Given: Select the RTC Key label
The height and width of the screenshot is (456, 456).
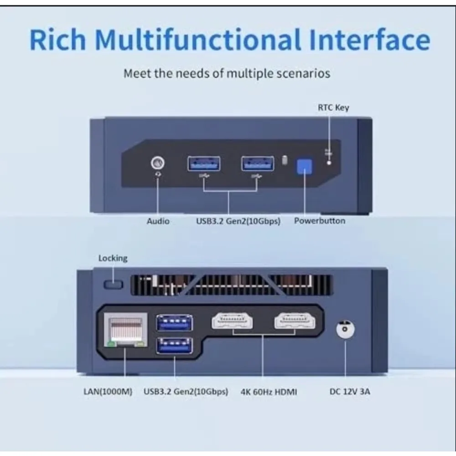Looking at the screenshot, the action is point(333,108).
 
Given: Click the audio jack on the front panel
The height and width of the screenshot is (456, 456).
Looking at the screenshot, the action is point(158,163).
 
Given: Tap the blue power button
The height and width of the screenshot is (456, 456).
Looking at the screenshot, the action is point(304,166).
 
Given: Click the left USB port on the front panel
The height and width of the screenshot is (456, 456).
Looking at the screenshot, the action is point(203,163).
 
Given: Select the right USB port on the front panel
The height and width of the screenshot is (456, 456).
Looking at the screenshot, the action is point(258,163).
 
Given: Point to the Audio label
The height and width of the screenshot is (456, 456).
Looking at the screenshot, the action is point(158,221).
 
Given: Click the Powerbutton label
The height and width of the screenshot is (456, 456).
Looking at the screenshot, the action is point(319,221).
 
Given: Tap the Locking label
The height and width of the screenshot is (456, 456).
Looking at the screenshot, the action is point(113,258).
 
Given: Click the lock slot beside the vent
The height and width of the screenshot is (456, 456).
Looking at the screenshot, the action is point(114,285).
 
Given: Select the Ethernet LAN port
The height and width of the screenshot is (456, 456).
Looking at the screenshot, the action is point(125,330).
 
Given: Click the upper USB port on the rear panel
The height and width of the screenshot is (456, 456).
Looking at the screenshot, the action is point(174,322).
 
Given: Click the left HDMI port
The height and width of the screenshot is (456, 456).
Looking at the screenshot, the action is point(232,321).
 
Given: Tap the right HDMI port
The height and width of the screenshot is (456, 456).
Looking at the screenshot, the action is point(294,321).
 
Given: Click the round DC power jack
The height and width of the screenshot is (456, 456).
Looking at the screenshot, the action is point(345,329).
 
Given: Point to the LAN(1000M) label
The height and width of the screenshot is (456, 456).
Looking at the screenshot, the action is point(108,391).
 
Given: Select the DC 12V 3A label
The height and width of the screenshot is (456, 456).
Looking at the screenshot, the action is point(350,391).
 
